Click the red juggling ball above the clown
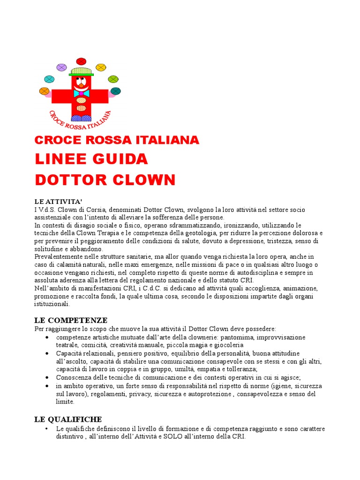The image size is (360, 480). coord(81,61)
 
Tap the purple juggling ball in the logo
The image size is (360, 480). coord(61,67)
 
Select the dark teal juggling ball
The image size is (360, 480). coord(115,91)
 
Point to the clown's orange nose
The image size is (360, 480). coord(80,86)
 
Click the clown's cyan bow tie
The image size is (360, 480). coord(81,93)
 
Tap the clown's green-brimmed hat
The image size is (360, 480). coord(81,71)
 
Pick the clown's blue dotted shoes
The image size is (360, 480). coord(81,118)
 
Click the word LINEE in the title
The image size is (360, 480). coord(58,159)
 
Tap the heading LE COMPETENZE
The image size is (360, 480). coord(71,321)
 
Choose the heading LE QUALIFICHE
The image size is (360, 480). coord(68,419)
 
